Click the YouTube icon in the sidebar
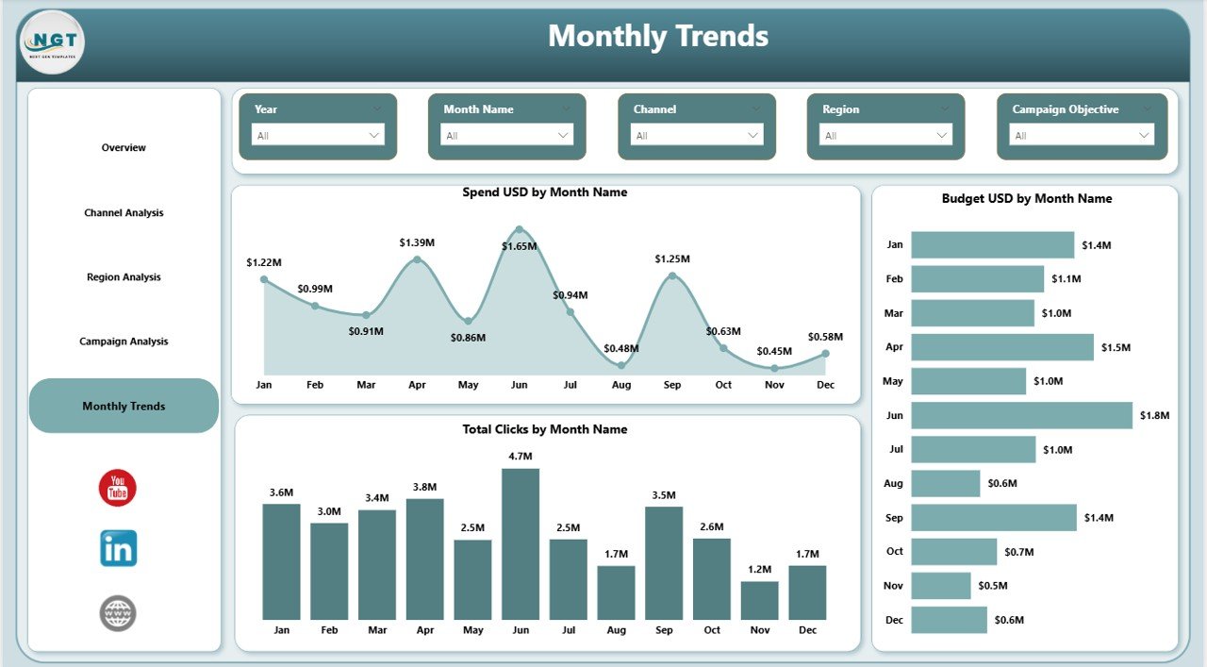(x=118, y=488)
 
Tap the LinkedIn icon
(x=119, y=548)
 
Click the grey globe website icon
(x=118, y=613)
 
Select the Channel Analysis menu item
(x=124, y=213)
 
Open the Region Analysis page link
(x=124, y=277)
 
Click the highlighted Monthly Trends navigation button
(x=124, y=406)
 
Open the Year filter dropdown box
(x=318, y=135)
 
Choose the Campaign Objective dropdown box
(x=1082, y=135)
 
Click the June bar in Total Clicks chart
(x=521, y=543)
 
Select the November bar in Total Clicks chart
(x=760, y=600)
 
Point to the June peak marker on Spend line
(x=519, y=229)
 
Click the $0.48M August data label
(x=620, y=348)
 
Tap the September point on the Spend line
(x=672, y=275)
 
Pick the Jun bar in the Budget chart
(x=1021, y=415)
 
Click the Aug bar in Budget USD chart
(x=946, y=484)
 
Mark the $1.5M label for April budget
(x=1116, y=347)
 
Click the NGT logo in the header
(x=52, y=42)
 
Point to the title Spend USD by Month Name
(x=544, y=192)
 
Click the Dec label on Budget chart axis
(x=894, y=620)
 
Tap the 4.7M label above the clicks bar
(x=521, y=457)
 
